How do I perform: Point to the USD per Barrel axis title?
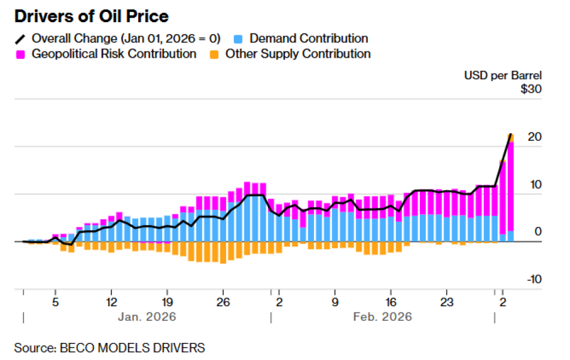coord(502,75)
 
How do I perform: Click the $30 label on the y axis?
coord(531,89)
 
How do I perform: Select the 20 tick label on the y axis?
coord(535,137)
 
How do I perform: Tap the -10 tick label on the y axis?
coord(533,280)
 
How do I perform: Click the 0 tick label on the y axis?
coord(538,232)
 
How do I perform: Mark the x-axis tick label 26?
coord(223,301)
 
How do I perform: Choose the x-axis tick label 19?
coord(167,301)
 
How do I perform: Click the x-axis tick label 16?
coord(391,301)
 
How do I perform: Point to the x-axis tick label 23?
coord(447,301)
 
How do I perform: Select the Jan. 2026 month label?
coord(147,316)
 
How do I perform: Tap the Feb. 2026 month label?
coord(383,316)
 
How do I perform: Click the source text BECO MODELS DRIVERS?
coord(110,347)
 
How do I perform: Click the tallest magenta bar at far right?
coord(510,184)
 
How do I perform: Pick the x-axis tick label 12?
coord(111,301)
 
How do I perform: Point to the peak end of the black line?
coord(510,134)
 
